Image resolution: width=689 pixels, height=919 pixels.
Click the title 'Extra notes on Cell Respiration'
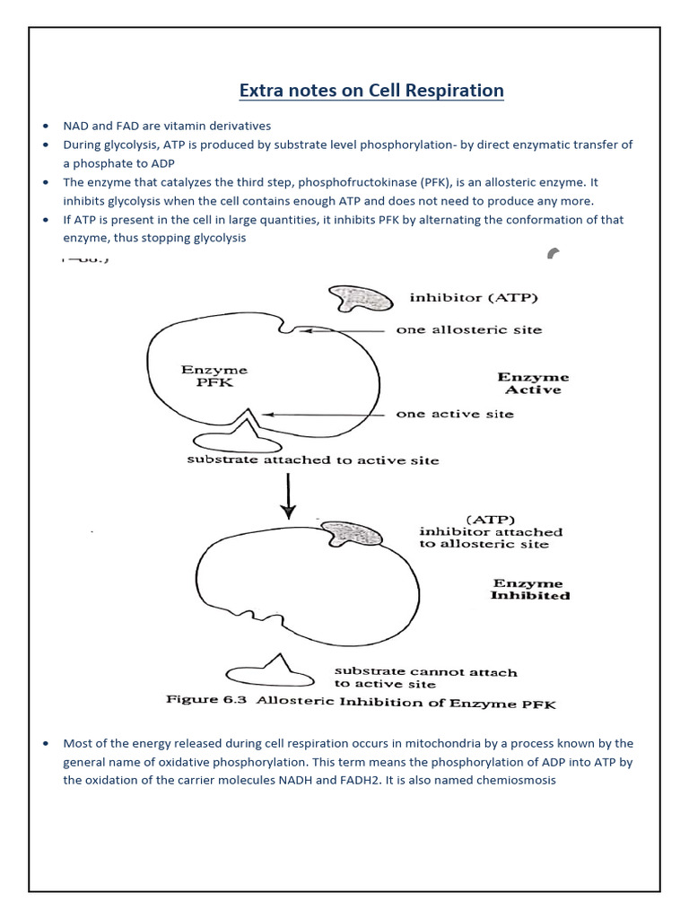pos(371,91)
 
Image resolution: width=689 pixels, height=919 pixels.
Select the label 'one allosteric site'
pos(469,330)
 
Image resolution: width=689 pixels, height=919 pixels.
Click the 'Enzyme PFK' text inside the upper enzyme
pos(214,376)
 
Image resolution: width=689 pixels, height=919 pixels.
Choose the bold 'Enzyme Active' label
pos(533,384)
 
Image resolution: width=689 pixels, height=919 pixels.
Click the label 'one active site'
pos(455,414)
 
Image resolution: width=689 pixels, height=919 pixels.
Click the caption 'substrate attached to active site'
pos(312,460)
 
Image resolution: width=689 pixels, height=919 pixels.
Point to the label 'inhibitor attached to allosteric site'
pos(491,531)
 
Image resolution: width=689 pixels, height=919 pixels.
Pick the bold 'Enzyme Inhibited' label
pos(529,590)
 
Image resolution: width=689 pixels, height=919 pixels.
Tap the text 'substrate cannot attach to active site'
pos(425,678)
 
